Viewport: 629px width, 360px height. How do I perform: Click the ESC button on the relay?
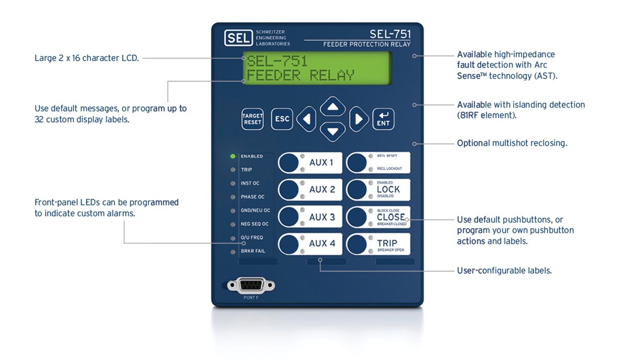(282, 119)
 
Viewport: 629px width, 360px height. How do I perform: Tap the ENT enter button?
(383, 119)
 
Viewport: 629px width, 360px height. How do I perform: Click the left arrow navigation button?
(307, 119)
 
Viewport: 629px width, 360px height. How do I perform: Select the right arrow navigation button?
(359, 119)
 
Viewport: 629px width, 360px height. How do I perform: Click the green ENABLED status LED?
(233, 156)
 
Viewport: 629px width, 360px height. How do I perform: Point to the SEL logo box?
(238, 38)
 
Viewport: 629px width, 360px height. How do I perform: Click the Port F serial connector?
(251, 285)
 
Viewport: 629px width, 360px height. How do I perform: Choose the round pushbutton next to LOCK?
(357, 189)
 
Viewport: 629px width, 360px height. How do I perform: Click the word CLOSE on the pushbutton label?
(391, 217)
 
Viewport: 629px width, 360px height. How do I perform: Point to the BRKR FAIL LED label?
(253, 251)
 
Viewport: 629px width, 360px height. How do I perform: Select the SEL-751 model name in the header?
(390, 34)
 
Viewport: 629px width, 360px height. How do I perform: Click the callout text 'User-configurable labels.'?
(504, 271)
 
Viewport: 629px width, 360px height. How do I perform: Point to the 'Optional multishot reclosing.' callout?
(512, 143)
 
